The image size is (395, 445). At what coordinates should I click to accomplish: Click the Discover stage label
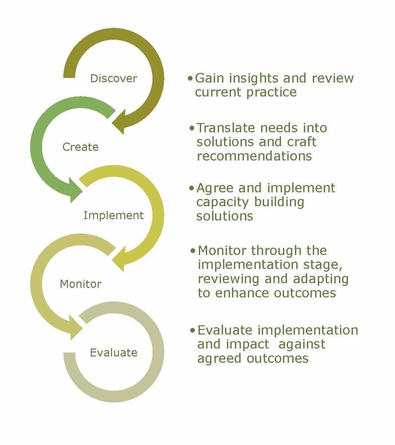[114, 79]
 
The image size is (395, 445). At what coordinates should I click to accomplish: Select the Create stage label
[81, 147]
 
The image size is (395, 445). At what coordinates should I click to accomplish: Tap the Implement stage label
[114, 216]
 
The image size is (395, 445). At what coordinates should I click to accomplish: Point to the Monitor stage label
[81, 284]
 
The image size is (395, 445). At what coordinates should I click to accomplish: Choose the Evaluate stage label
[114, 352]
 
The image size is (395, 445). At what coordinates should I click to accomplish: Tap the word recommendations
[254, 156]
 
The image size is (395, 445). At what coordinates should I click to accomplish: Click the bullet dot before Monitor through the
[194, 251]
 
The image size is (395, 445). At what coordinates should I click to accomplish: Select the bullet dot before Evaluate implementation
[193, 331]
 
